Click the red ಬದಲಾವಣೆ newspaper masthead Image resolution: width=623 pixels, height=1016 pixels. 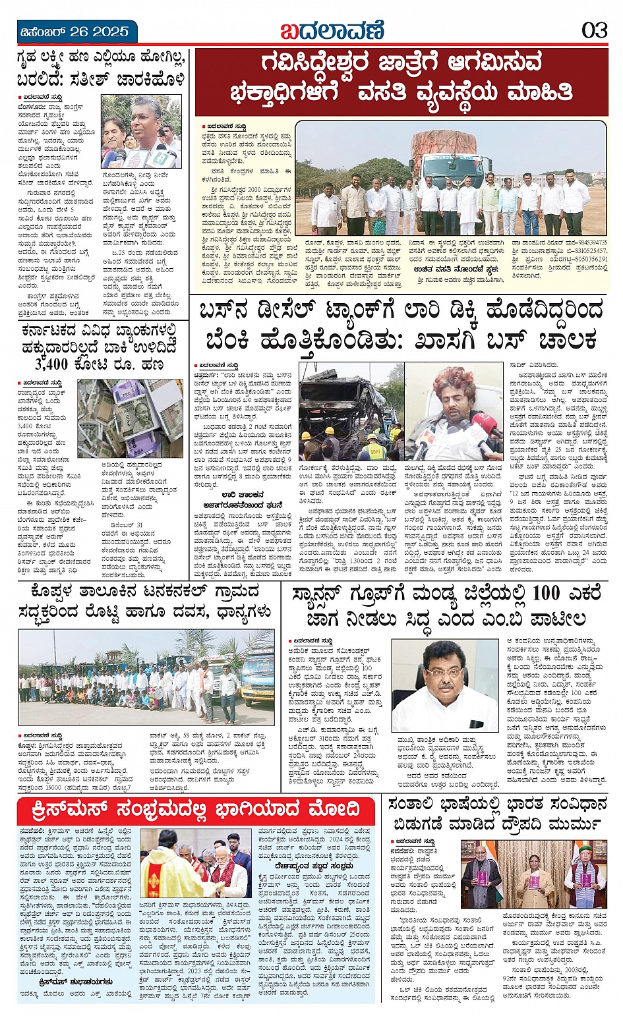332,31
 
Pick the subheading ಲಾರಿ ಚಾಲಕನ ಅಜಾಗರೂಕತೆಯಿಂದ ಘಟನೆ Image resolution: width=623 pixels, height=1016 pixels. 243,499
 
